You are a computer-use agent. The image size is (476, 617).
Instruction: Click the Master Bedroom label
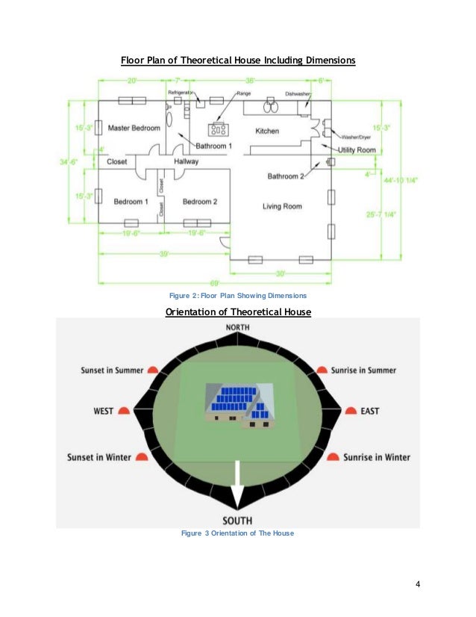pyautogui.click(x=134, y=128)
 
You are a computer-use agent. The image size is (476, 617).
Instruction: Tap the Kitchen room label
pyautogui.click(x=267, y=131)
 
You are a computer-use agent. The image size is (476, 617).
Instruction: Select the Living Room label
pyautogui.click(x=282, y=206)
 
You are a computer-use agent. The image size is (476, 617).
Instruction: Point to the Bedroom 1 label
pyautogui.click(x=131, y=202)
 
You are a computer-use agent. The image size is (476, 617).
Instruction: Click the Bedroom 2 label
pyautogui.click(x=199, y=202)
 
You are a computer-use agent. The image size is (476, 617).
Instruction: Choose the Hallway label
pyautogui.click(x=187, y=161)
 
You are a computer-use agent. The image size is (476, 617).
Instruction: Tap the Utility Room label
pyautogui.click(x=357, y=150)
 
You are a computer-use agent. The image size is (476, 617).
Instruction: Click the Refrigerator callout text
pyautogui.click(x=181, y=93)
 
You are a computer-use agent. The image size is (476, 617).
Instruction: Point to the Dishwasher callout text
pyautogui.click(x=298, y=93)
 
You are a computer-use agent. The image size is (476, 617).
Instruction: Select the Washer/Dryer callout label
pyautogui.click(x=356, y=137)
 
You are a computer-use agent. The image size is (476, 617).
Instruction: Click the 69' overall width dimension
pyautogui.click(x=216, y=285)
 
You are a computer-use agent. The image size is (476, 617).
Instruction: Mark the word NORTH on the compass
pyautogui.click(x=238, y=328)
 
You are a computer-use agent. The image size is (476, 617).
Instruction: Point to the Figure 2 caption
pyautogui.click(x=238, y=297)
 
